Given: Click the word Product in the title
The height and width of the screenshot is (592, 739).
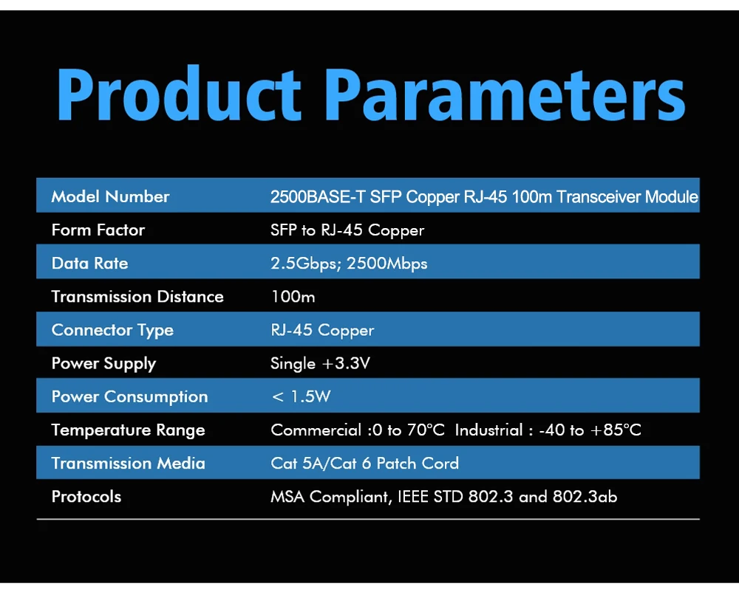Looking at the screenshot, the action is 179,94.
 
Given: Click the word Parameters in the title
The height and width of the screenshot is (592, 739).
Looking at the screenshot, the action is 505,94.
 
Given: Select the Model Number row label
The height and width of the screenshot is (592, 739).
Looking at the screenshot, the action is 110,196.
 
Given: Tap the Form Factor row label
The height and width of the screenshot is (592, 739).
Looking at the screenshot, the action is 98,230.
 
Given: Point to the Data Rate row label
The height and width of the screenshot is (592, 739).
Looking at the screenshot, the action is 89,264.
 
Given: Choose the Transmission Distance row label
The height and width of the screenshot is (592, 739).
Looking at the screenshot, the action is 137,297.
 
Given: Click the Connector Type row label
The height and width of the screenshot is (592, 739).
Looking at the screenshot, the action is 112,331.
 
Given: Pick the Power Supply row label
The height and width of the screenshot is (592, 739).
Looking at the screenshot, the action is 103,364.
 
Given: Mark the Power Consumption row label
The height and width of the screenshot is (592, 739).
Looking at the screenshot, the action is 129,397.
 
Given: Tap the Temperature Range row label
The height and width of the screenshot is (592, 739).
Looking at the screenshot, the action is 128,430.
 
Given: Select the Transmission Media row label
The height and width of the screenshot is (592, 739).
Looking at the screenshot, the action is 128,464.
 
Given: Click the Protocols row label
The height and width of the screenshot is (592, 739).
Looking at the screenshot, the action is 86,497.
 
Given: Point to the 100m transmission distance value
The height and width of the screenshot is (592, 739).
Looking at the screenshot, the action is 293,297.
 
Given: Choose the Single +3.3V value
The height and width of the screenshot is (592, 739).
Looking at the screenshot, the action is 320,364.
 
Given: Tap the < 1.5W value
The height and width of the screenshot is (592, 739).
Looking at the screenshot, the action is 301,396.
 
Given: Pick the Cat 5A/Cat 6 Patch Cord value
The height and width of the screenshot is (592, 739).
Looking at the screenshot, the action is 364,464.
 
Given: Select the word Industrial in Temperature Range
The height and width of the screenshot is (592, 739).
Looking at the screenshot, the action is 488,430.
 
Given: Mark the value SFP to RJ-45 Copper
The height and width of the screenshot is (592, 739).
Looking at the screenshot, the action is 347,230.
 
